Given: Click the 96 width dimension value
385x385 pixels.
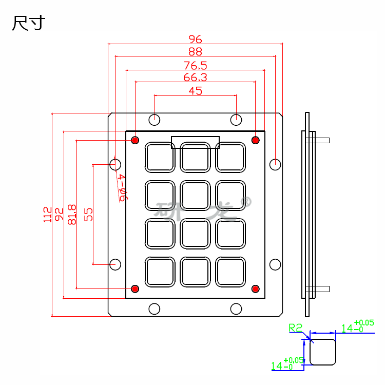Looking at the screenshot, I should tap(195, 39).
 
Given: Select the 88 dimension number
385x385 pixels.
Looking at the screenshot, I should tap(195, 51).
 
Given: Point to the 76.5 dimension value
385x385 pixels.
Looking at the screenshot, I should tap(195, 65).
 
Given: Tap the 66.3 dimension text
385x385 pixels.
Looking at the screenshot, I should tap(195, 78).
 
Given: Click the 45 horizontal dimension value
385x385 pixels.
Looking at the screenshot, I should tap(195, 91).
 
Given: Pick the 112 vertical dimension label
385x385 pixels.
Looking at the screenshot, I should tap(48, 214).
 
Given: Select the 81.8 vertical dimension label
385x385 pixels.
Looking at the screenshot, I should tap(72, 214).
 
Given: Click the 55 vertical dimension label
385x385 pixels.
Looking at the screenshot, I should tap(88, 214).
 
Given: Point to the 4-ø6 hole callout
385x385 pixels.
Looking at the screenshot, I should tap(122, 187).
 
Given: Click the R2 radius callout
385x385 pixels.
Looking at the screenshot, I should tap(296, 327).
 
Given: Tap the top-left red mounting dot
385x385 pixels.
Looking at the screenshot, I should tap(136, 140).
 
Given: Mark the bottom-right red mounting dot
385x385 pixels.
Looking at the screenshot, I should tap(255, 288).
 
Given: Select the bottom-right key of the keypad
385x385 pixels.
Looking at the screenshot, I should tap(230, 271).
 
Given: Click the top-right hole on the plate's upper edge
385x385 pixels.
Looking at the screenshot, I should tap(236, 120).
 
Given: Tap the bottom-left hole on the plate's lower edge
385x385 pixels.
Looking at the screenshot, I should tap(154, 309).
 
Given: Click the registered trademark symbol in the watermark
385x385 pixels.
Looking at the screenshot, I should tap(246, 203).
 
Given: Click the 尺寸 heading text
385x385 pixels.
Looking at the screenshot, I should tap(29, 24).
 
